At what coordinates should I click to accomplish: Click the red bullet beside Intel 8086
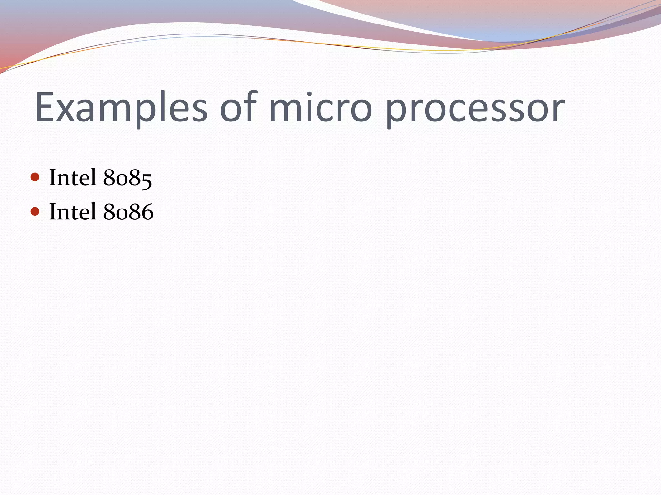(35, 211)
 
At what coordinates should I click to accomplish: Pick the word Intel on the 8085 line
(73, 178)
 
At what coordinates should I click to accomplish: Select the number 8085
(127, 178)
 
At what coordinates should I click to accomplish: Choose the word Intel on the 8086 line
(73, 212)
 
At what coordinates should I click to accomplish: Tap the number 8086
(128, 212)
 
